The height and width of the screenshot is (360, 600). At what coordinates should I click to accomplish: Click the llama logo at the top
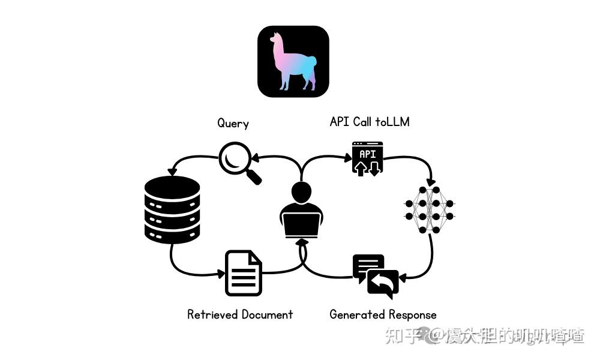point(293,61)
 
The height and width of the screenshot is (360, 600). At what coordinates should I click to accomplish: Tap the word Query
point(233,123)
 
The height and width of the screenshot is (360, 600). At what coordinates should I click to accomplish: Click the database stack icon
point(172,209)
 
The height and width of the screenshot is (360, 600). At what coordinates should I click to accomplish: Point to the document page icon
point(244,273)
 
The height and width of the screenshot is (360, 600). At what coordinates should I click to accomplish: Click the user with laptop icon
point(301,210)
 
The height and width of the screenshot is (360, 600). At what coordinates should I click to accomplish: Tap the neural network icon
point(430,209)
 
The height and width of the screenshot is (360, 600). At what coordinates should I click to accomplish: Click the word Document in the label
point(267,314)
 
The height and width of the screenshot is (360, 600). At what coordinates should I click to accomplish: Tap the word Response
point(412,314)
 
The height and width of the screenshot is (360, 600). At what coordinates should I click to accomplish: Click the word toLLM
point(392,122)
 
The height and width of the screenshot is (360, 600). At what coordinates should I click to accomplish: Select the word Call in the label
point(362,122)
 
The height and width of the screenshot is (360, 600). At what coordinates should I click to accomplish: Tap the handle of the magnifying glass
point(254,177)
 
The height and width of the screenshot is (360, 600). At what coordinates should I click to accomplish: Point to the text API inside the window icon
point(367,154)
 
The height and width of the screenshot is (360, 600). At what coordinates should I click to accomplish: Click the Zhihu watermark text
point(484,336)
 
